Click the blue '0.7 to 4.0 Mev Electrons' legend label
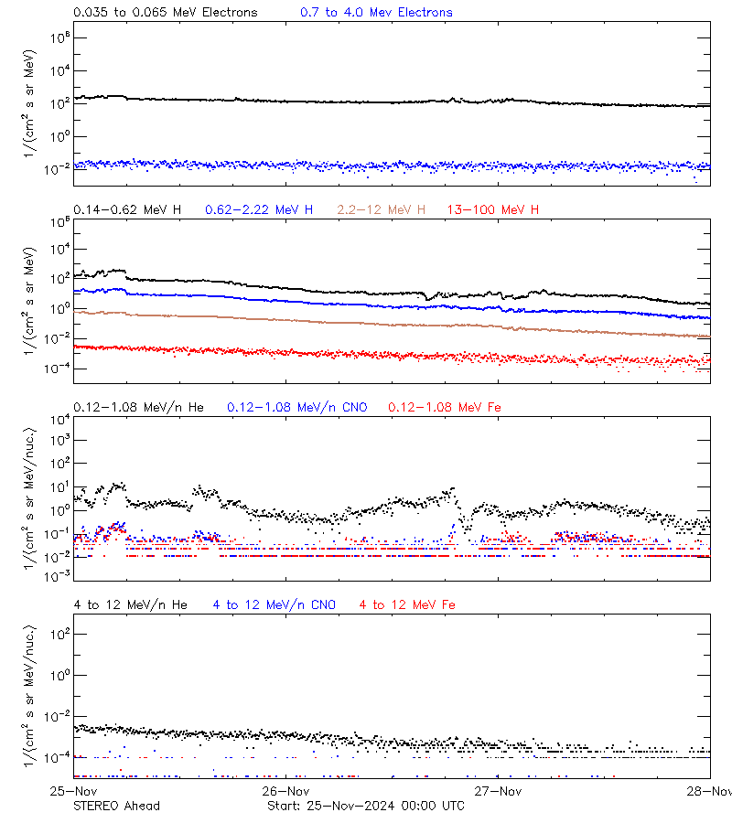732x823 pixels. (376, 13)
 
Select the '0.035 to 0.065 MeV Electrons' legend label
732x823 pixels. (166, 13)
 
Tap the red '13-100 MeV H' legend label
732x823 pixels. (493, 210)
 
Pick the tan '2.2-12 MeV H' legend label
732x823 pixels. (382, 210)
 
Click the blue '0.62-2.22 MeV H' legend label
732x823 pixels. (259, 210)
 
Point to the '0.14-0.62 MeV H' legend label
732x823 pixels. (127, 210)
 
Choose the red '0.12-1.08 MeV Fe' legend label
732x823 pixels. (445, 407)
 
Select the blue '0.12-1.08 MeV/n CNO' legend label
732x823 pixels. (297, 407)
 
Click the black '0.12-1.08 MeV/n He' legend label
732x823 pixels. (143, 407)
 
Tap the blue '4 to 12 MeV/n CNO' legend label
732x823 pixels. (274, 604)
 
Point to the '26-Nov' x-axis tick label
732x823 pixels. (286, 791)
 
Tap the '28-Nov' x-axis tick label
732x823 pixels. (711, 791)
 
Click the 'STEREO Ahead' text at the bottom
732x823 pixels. (117, 806)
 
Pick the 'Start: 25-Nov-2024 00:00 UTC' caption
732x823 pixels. (365, 806)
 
